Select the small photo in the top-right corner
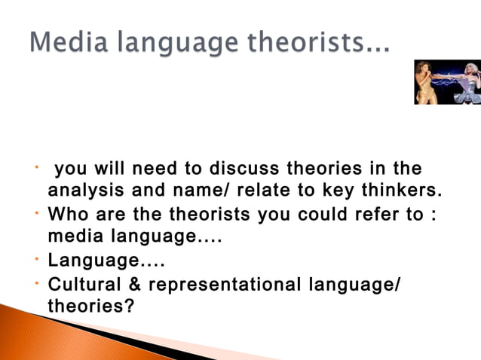[447, 82]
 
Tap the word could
[320, 215]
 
